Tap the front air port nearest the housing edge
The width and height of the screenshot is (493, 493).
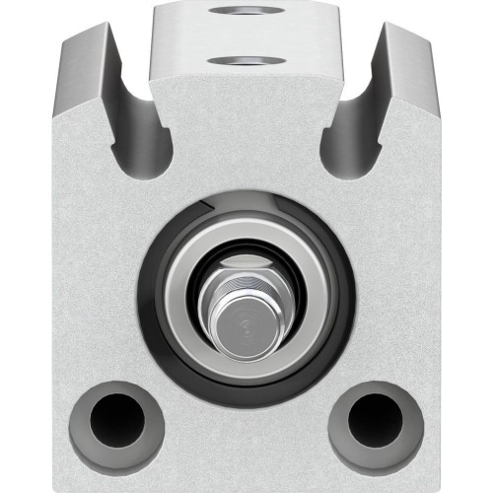click(246, 62)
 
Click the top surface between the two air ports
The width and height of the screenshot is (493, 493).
click(246, 37)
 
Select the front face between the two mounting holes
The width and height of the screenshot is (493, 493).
click(246, 434)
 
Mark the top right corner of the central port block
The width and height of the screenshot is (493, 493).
click(337, 6)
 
